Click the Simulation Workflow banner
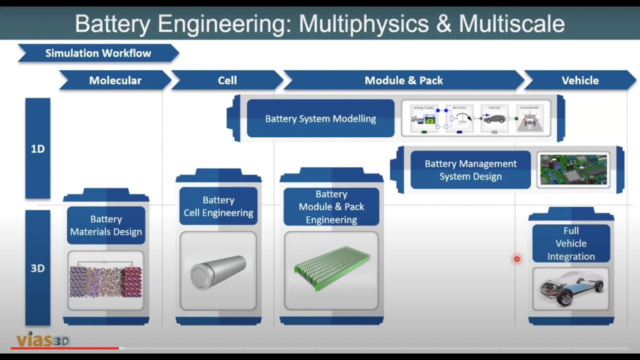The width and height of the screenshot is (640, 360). click(98, 53)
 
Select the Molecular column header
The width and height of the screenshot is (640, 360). click(115, 80)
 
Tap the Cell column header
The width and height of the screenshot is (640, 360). click(227, 80)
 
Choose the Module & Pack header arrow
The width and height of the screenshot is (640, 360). click(403, 80)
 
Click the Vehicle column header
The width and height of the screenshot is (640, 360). click(580, 80)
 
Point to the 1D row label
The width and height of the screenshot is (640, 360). click(38, 149)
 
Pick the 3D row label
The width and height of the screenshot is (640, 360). click(38, 268)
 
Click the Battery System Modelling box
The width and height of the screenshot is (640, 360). click(320, 118)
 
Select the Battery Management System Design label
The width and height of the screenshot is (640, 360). click(470, 170)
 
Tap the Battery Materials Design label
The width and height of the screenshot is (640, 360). click(106, 225)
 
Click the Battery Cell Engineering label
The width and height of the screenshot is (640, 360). click(218, 206)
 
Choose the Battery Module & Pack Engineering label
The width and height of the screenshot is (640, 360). click(331, 207)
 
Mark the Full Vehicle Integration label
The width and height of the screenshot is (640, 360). click(571, 243)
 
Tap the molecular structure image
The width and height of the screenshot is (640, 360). click(105, 280)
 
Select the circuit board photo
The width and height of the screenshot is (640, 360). click(573, 170)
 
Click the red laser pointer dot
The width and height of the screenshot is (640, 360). click(517, 259)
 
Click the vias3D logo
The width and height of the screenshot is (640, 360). click(43, 340)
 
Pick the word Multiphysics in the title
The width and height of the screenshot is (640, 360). click(360, 23)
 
